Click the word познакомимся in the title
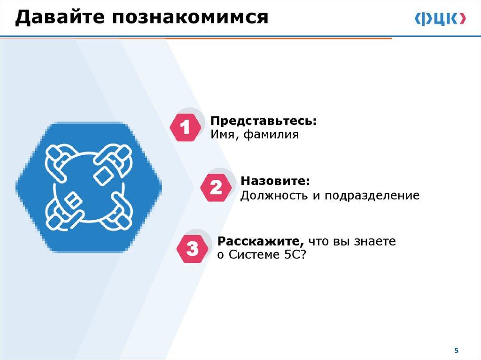(190, 17)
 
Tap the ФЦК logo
(440, 19)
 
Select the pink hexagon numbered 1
(185, 127)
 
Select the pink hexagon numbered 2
(216, 187)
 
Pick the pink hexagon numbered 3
(192, 249)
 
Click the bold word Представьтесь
(264, 121)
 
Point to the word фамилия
(271, 135)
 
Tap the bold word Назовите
(275, 181)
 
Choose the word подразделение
(372, 196)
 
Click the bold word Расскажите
(261, 242)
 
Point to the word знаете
(375, 242)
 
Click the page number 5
(457, 351)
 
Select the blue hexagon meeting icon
(89, 187)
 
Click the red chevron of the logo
(463, 19)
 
